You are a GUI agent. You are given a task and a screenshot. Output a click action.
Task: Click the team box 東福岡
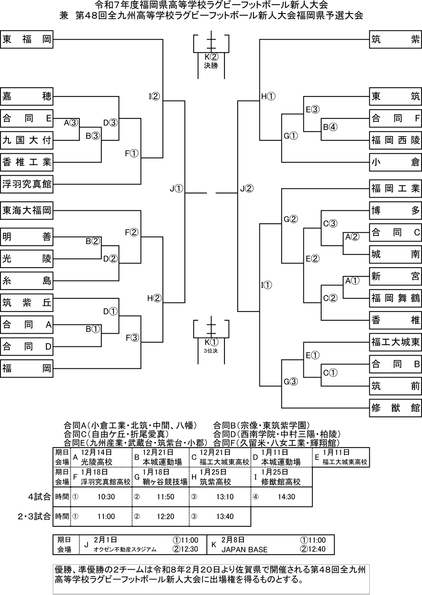click(27, 40)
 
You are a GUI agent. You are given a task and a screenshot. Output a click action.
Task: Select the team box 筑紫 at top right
click(395, 40)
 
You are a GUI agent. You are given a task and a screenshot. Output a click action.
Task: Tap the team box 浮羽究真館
click(27, 184)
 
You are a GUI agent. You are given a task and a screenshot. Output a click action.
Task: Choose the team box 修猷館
click(395, 407)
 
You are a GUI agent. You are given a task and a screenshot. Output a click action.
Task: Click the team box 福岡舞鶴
click(395, 298)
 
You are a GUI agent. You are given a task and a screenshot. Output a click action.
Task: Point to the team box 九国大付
click(27, 140)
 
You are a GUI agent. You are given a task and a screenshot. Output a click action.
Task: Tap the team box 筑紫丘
click(27, 302)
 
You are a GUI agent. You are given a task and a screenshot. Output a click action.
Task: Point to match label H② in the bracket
click(154, 298)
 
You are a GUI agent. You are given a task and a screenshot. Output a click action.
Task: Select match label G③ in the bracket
click(291, 382)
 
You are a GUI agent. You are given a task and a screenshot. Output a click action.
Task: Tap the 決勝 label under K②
click(211, 65)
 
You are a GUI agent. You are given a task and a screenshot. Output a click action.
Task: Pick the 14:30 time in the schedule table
click(287, 497)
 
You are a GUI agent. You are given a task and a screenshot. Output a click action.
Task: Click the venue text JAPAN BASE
click(244, 549)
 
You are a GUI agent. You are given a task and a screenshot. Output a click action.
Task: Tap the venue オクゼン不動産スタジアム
click(125, 549)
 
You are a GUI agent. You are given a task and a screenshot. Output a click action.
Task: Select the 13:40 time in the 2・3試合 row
click(225, 517)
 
